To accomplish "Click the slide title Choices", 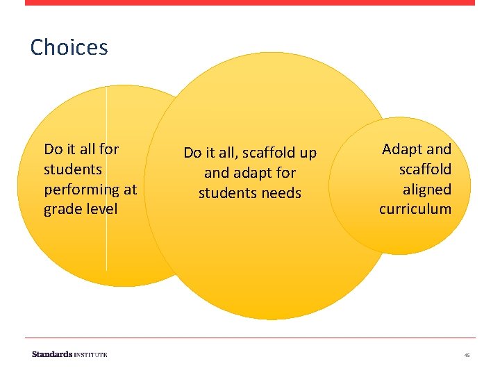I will pos(69,47).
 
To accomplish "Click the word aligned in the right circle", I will pos(426,189).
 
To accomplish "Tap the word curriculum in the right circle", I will pos(415,209).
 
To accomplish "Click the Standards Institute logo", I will pos(69,354).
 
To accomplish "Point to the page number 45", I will pos(467,355).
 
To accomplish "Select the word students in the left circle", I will pos(72,169).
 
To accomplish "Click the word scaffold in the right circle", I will pos(425,169).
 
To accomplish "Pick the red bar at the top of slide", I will pos(250,3).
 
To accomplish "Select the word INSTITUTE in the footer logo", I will pos(90,354).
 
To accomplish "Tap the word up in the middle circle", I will pos(308,153).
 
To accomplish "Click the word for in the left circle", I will pos(109,149).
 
